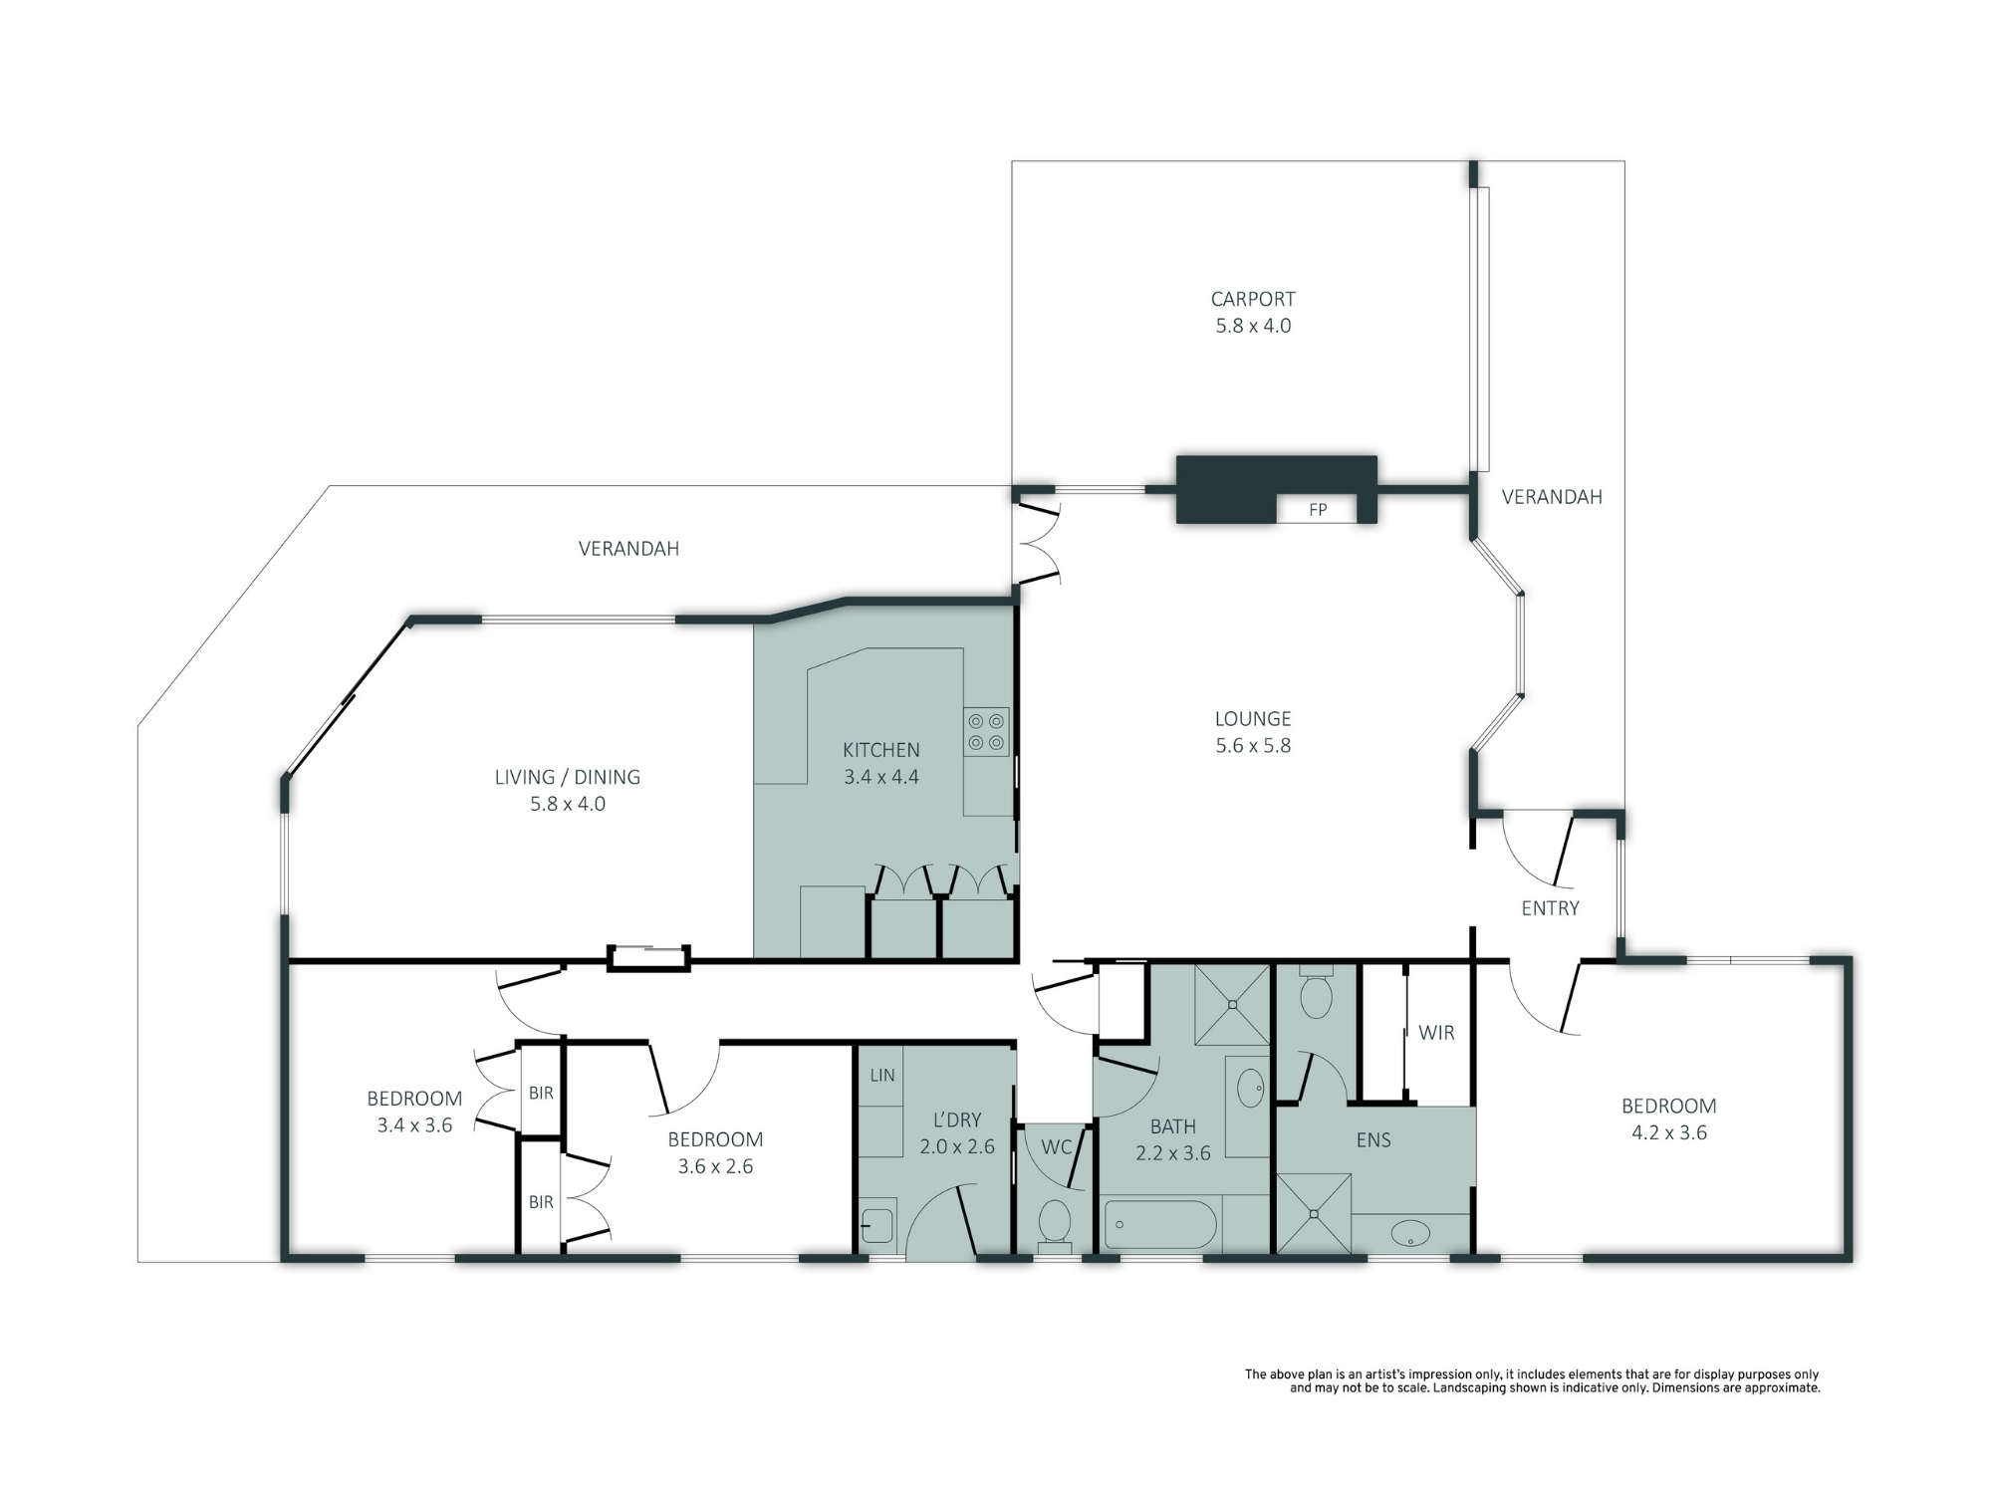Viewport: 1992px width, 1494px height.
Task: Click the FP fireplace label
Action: [1318, 510]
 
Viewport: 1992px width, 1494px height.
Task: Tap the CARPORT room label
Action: [1253, 299]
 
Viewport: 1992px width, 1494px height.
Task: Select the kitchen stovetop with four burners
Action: [986, 732]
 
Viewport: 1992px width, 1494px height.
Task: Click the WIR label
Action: [1436, 1033]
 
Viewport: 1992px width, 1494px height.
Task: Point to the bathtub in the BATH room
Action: [1160, 1225]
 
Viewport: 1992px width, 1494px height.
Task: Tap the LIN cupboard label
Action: [882, 1076]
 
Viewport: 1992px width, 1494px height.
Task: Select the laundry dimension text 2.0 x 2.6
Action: [957, 1147]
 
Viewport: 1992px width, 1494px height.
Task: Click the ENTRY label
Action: [1550, 908]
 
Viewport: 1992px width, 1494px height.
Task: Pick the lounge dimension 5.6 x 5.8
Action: [1253, 746]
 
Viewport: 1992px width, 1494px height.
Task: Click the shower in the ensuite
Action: [1314, 1213]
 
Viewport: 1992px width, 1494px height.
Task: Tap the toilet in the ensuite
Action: [1317, 992]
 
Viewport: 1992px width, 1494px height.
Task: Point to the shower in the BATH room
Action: [1232, 1005]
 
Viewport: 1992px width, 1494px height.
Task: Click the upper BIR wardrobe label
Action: [541, 1094]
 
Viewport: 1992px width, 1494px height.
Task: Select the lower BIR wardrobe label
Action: [541, 1203]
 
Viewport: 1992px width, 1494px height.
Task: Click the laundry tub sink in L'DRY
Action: [876, 1225]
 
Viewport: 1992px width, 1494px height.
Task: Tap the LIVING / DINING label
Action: [568, 777]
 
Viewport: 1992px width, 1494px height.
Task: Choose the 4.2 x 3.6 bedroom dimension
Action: [1669, 1132]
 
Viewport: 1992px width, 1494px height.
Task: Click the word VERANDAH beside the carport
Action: [1552, 497]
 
